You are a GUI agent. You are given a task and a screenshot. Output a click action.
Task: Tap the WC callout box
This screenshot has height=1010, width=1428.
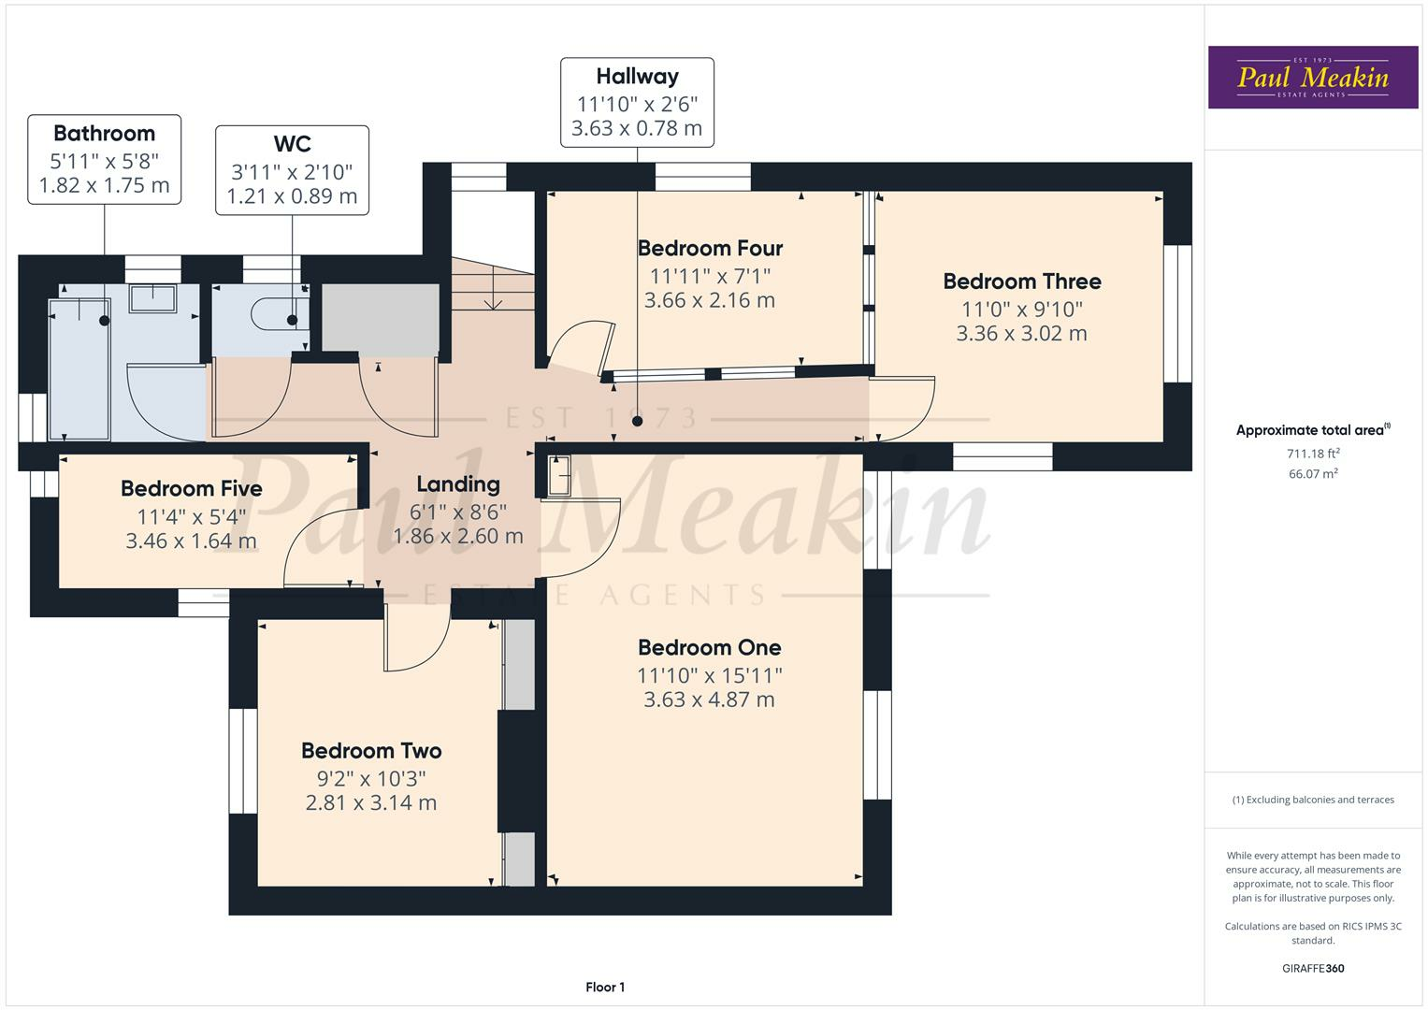292,170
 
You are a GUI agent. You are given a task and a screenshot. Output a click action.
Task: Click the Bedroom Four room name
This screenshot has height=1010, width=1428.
710,249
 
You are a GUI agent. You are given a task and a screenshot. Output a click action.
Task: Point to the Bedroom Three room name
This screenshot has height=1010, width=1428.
1021,281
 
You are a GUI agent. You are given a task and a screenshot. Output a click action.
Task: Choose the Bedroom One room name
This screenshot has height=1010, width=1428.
709,648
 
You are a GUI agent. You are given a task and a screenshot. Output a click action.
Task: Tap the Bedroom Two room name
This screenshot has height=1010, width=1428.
371,751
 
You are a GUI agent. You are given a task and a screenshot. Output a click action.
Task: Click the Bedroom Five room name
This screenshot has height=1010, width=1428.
191,489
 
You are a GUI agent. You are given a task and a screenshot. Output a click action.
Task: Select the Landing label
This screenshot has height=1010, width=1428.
457,484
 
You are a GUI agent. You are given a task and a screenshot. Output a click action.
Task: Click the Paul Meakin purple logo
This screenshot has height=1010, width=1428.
1312,78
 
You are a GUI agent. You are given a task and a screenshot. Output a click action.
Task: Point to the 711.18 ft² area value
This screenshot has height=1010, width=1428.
1313,454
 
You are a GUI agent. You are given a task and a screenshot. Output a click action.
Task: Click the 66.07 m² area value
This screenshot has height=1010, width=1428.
1313,474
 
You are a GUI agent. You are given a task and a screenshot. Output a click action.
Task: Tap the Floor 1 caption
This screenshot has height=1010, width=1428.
605,987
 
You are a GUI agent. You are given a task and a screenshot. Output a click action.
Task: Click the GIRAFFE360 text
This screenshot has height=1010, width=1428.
1313,968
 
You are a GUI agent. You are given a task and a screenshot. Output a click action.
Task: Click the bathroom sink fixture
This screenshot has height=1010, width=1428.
151,298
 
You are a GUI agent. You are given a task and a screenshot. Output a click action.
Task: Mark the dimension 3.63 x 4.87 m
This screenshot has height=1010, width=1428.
709,700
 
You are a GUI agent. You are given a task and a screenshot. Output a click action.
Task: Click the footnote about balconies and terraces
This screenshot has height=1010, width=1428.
1313,800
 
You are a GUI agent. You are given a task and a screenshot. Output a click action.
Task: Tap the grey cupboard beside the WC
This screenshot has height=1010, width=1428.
380,318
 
